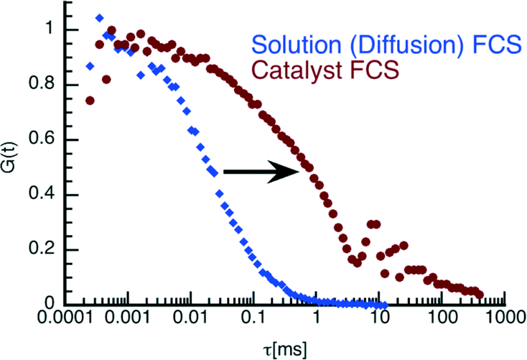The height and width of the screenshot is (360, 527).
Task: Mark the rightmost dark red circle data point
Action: [479, 295]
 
